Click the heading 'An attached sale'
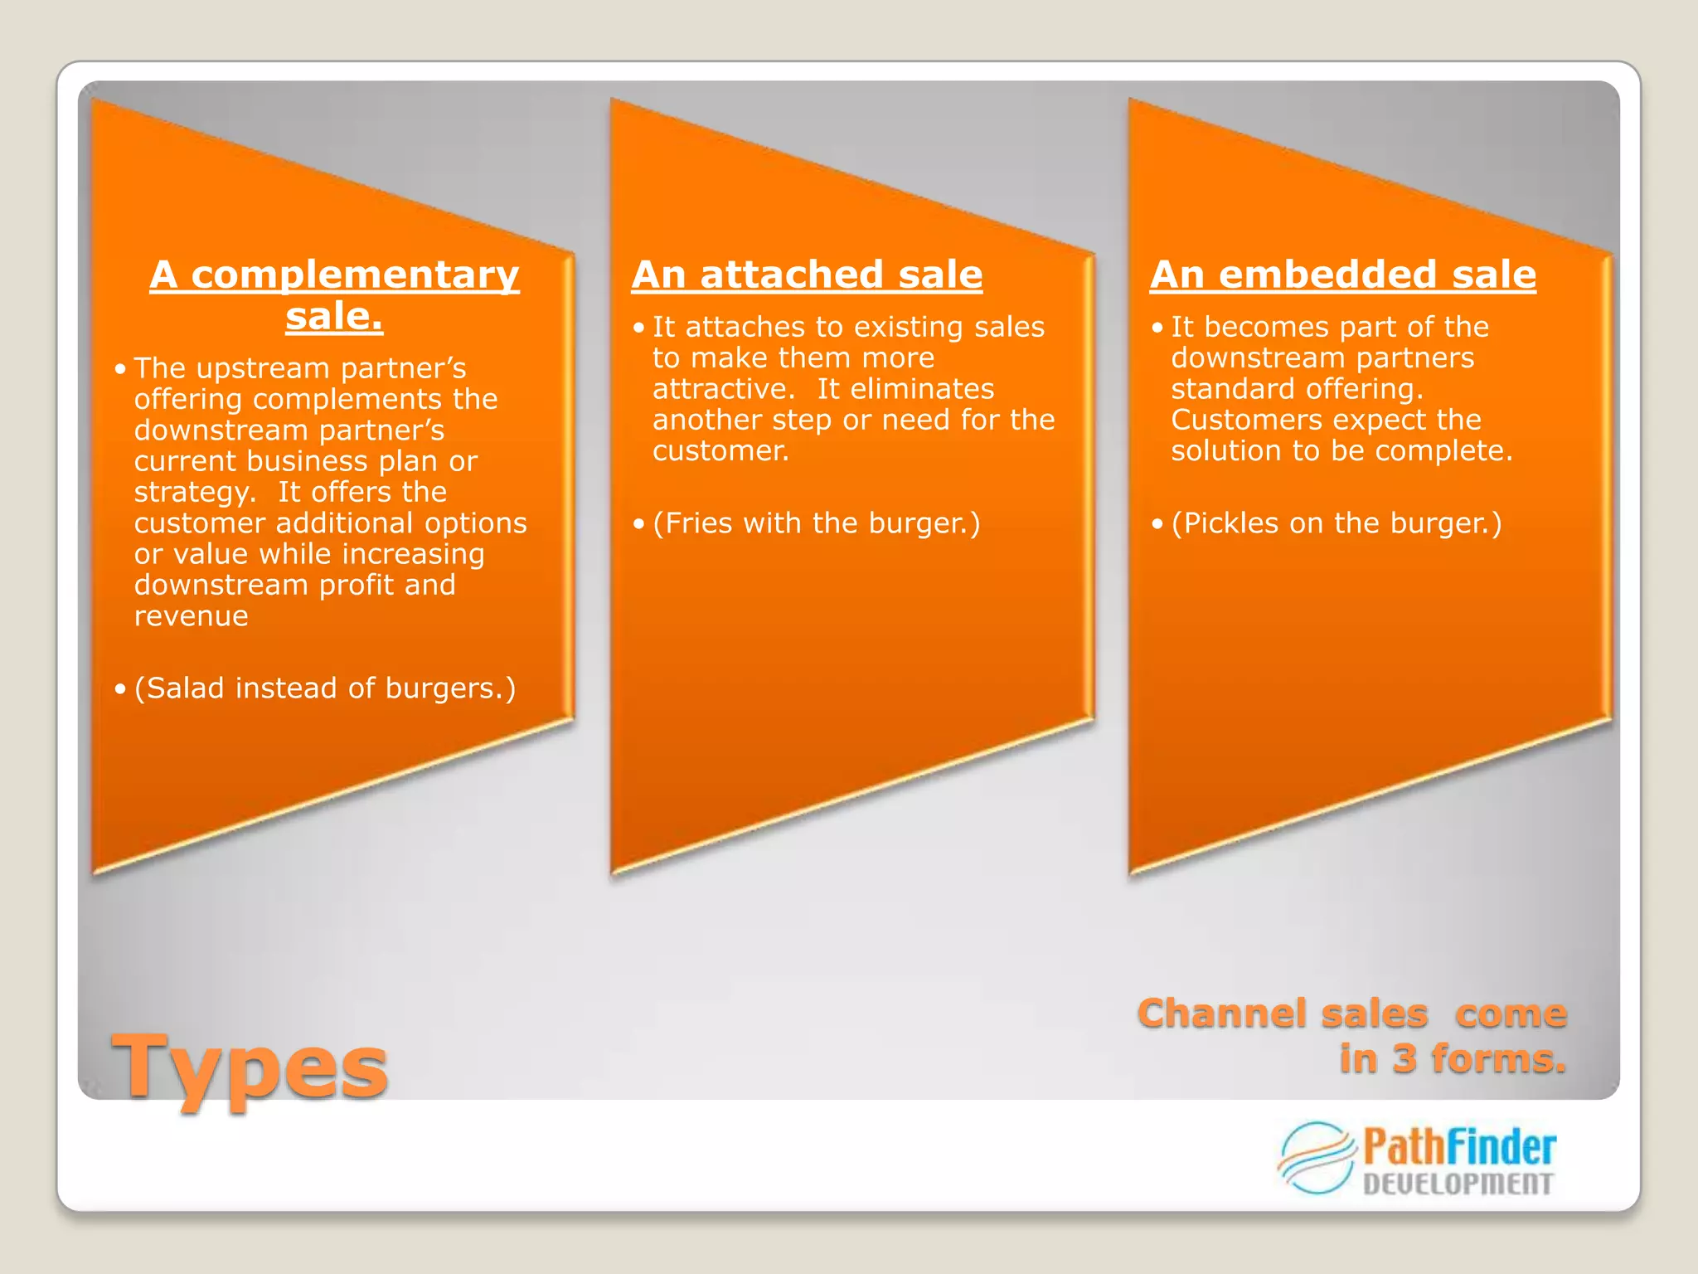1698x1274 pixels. pos(807,275)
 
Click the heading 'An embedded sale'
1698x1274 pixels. pos(1342,275)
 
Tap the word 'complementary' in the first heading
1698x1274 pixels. pos(355,275)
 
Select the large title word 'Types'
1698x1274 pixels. pos(250,1067)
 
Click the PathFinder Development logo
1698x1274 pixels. pos(1417,1159)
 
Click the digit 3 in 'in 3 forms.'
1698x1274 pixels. pos(1404,1059)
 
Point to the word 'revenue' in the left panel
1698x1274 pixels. pos(192,616)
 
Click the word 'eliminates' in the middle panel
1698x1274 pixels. pos(905,389)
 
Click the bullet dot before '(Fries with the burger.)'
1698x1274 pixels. pos(638,524)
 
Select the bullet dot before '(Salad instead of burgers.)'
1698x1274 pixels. pos(120,689)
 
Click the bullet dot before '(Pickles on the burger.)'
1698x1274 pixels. pos(1157,524)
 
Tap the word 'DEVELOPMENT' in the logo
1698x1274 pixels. pos(1458,1184)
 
